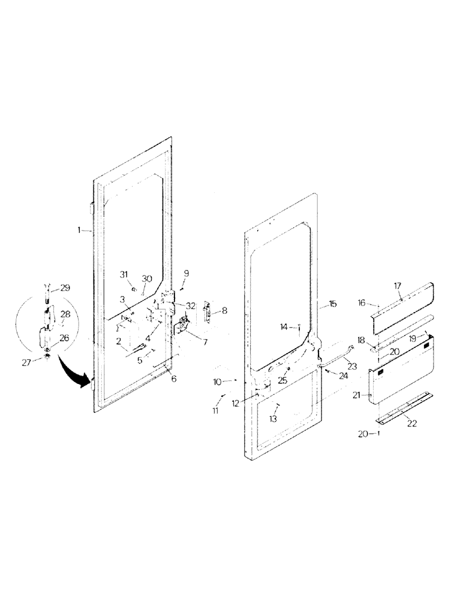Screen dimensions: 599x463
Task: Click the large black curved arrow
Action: click(71, 373)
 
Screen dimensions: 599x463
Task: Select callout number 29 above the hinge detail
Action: click(64, 288)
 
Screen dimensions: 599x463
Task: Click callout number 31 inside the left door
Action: click(124, 274)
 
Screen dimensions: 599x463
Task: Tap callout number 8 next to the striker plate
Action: click(224, 310)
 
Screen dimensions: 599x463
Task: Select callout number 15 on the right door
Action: click(333, 304)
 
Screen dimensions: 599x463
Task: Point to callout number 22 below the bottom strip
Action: click(412, 423)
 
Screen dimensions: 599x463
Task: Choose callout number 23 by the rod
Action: click(351, 366)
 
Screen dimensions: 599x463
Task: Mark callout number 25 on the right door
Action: click(282, 380)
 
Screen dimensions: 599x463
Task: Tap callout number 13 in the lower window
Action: click(273, 419)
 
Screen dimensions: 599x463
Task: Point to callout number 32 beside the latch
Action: click(190, 305)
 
